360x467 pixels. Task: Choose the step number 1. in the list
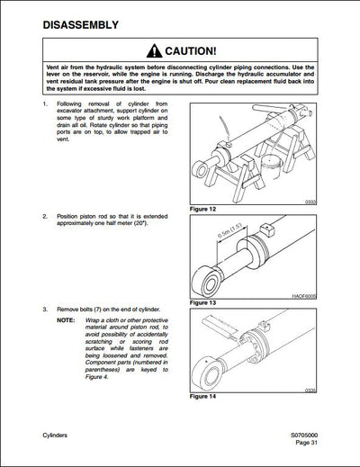pos(45,106)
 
